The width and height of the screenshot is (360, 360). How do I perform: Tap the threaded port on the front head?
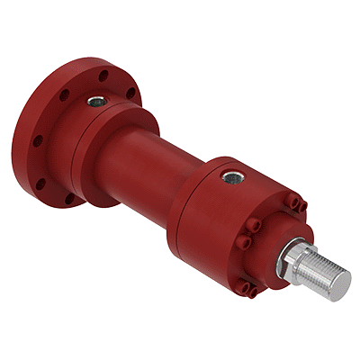click(x=231, y=177)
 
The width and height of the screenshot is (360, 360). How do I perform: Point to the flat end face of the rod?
click(x=340, y=284)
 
